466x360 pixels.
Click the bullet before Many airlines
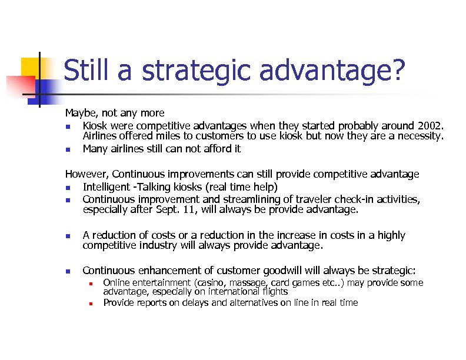(x=68, y=149)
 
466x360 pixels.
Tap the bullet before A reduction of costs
(x=68, y=236)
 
